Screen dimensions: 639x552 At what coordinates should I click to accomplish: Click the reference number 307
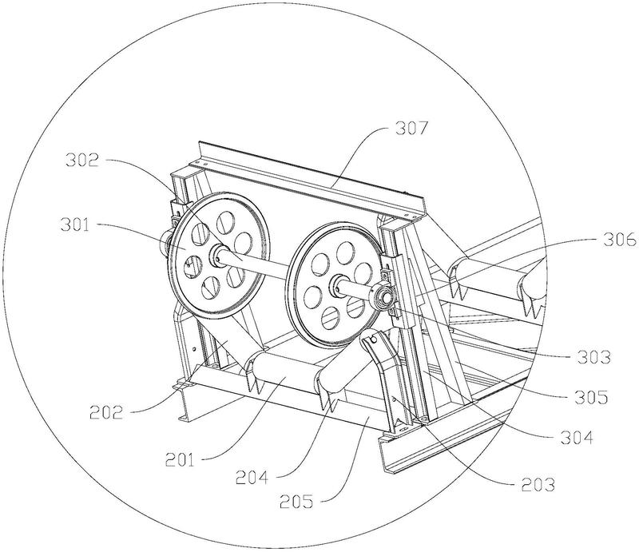tap(411, 128)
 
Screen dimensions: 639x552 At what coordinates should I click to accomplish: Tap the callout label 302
tap(82, 161)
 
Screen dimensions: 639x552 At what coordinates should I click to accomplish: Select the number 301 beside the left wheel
tap(74, 224)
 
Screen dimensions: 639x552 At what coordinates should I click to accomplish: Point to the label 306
tap(619, 240)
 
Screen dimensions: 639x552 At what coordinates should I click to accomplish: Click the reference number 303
tap(594, 358)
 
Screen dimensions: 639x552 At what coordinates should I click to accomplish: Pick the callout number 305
tap(591, 397)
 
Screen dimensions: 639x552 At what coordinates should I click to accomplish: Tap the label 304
tap(577, 438)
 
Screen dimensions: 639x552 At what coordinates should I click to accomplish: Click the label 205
tap(296, 502)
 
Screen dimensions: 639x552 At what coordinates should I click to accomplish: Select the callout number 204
tap(252, 478)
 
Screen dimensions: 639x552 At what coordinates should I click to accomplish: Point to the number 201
tap(180, 461)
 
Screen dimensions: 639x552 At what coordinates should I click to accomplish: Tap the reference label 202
tap(106, 413)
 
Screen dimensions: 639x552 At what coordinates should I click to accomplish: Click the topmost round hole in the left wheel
tap(225, 222)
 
